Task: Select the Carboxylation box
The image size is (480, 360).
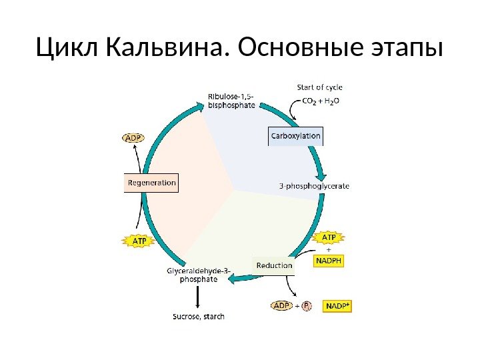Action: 295,135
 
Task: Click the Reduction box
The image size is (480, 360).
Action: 275,265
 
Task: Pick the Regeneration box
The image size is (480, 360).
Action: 152,182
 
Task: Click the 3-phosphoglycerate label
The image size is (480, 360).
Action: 313,186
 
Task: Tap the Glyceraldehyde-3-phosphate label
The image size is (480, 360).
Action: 199,275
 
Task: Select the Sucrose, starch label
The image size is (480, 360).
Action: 199,316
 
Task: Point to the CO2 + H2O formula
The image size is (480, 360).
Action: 321,101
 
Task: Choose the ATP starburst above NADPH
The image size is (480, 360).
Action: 329,238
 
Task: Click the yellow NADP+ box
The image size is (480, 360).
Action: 338,306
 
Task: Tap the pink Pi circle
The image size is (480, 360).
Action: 306,306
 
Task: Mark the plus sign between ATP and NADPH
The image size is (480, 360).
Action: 328,250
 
